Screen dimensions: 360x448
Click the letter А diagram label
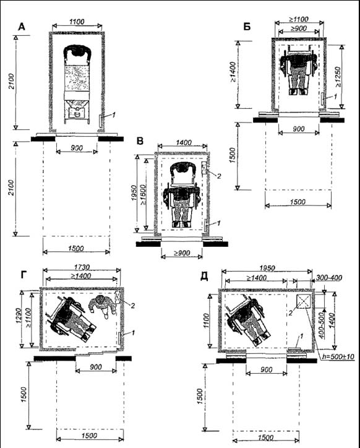[22, 27]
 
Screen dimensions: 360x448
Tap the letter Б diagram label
[247, 27]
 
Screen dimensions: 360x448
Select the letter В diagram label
[140, 141]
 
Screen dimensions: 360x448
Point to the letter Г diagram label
[24, 275]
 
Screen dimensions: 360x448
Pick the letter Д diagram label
[204, 276]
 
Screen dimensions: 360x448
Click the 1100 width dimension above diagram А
[77, 22]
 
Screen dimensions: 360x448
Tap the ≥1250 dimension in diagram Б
[338, 77]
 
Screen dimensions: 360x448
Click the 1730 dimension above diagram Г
[82, 267]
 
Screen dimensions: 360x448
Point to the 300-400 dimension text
[329, 278]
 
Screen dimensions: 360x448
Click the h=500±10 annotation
[338, 356]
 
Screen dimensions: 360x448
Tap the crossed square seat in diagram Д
[304, 301]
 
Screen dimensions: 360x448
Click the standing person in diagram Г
[103, 306]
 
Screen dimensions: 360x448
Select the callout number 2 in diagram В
[219, 176]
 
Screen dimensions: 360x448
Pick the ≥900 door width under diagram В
[182, 253]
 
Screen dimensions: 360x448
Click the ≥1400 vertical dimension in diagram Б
[233, 72]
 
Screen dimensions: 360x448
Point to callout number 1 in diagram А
[113, 115]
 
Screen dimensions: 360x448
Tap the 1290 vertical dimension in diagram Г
[19, 316]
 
